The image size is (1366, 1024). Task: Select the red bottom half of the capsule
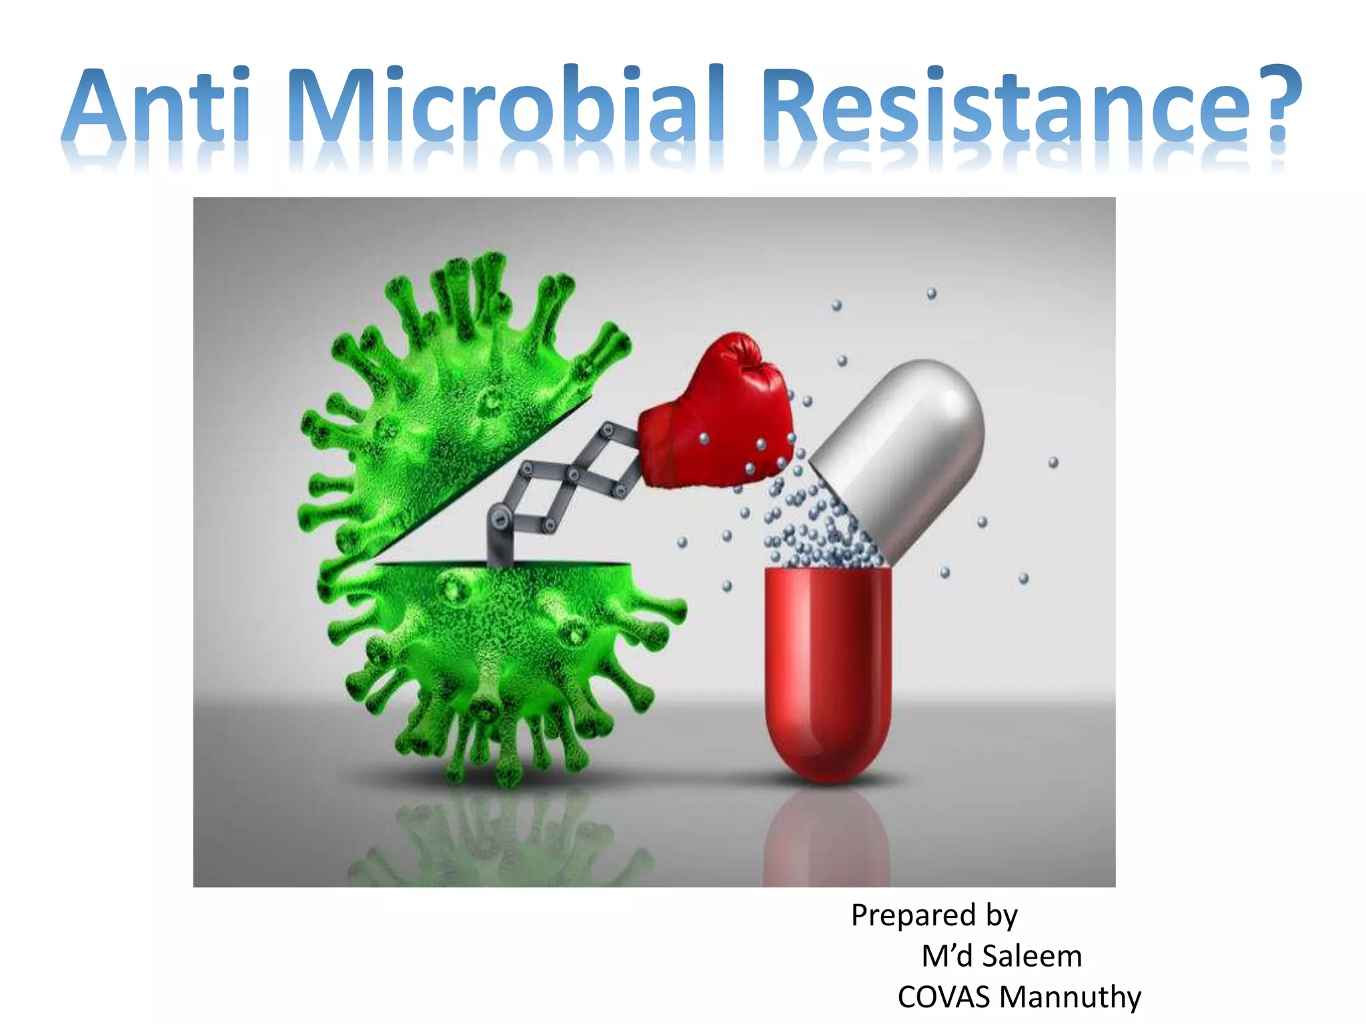[x=827, y=667]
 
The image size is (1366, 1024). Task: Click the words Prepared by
[x=934, y=916]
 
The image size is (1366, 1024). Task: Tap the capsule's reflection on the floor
[x=827, y=840]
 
